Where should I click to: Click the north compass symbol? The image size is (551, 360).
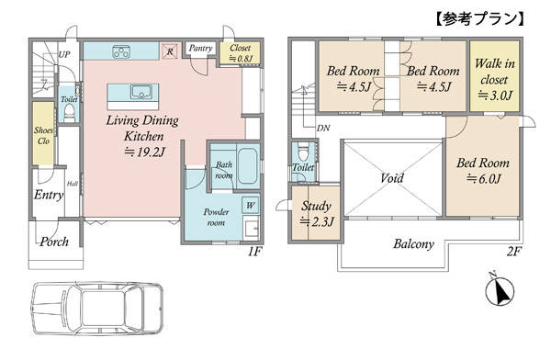(x=499, y=291)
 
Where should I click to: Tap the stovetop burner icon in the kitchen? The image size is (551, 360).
(x=121, y=51)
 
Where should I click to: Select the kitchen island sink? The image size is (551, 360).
(x=141, y=92)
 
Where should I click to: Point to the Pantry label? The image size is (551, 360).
(x=200, y=48)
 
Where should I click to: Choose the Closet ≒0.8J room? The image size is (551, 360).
(x=241, y=53)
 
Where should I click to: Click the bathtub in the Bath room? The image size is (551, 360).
(x=248, y=166)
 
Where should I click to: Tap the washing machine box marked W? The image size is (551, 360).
(x=250, y=206)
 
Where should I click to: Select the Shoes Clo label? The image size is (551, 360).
(x=43, y=135)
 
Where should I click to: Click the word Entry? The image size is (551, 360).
(x=49, y=195)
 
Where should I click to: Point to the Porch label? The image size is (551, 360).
(x=54, y=242)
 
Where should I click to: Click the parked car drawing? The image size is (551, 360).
(x=97, y=308)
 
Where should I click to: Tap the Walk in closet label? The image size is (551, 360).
(x=494, y=80)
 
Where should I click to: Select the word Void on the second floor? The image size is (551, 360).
(x=392, y=178)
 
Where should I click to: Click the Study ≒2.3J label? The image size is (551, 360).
(x=316, y=213)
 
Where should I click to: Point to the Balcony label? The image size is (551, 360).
(x=413, y=244)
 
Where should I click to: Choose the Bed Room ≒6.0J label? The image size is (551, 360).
(x=483, y=171)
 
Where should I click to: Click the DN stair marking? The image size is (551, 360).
(x=323, y=129)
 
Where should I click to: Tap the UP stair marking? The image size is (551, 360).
(x=64, y=54)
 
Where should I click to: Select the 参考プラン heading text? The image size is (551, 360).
(x=479, y=19)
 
